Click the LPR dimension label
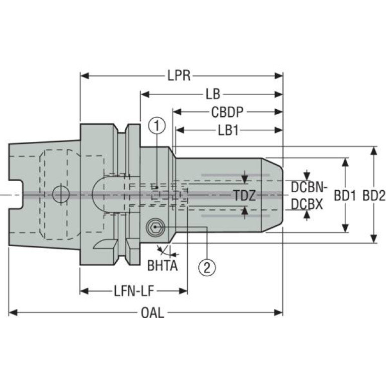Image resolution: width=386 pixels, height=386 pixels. pyautogui.click(x=179, y=75)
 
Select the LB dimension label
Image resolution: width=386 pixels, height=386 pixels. pyautogui.click(x=213, y=94)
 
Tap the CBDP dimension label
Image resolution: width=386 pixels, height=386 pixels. pyautogui.click(x=227, y=112)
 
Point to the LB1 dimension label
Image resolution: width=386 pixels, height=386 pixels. pyautogui.click(x=228, y=130)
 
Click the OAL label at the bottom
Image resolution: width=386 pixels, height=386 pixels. pyautogui.click(x=152, y=313)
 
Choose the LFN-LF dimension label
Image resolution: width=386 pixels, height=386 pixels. pyautogui.click(x=134, y=291)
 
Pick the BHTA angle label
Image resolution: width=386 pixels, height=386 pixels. pyautogui.click(x=163, y=265)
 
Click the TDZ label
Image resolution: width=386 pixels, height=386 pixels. pyautogui.click(x=244, y=196)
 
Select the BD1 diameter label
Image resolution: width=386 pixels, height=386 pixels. pyautogui.click(x=345, y=196)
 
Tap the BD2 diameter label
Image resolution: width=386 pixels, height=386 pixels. pyautogui.click(x=374, y=196)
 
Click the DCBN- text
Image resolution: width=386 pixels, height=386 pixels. pyautogui.click(x=309, y=187)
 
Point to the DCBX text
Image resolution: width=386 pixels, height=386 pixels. pyautogui.click(x=306, y=204)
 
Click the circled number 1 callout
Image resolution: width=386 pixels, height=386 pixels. pyautogui.click(x=157, y=126)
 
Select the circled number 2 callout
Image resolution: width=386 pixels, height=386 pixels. pyautogui.click(x=207, y=267)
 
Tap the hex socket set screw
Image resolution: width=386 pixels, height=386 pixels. pyautogui.click(x=155, y=227)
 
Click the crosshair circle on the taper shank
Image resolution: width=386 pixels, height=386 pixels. pyautogui.click(x=61, y=194)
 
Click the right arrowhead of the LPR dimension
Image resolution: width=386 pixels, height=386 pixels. pyautogui.click(x=278, y=75)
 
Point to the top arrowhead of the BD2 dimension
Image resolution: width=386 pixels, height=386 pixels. pyautogui.click(x=374, y=150)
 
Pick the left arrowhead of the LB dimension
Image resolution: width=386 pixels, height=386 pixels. pyautogui.click(x=145, y=94)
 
